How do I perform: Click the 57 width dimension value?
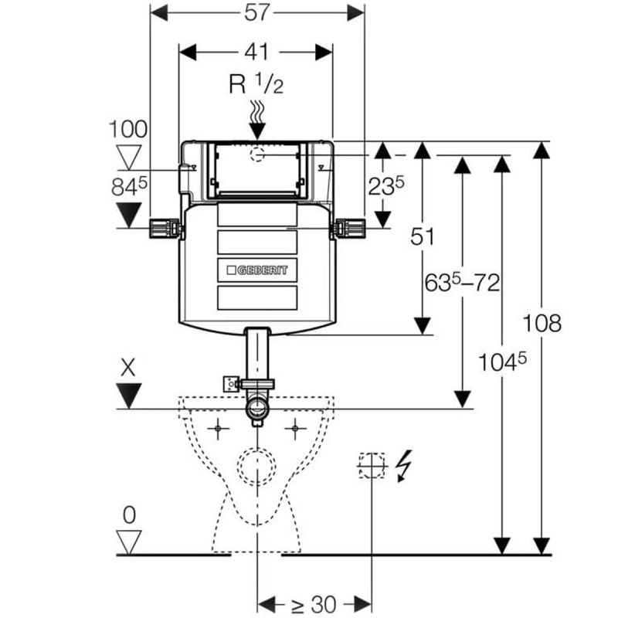256,13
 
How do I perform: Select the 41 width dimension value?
256,52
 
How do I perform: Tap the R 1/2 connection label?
256,83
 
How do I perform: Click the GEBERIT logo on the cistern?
257,270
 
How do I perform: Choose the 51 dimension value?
423,236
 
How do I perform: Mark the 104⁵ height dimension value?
503,360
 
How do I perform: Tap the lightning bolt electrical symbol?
403,466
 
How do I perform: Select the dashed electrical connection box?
372,465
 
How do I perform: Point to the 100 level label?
128,129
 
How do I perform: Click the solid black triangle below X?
128,396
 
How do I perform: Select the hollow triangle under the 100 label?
128,157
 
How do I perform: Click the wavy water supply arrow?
257,116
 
